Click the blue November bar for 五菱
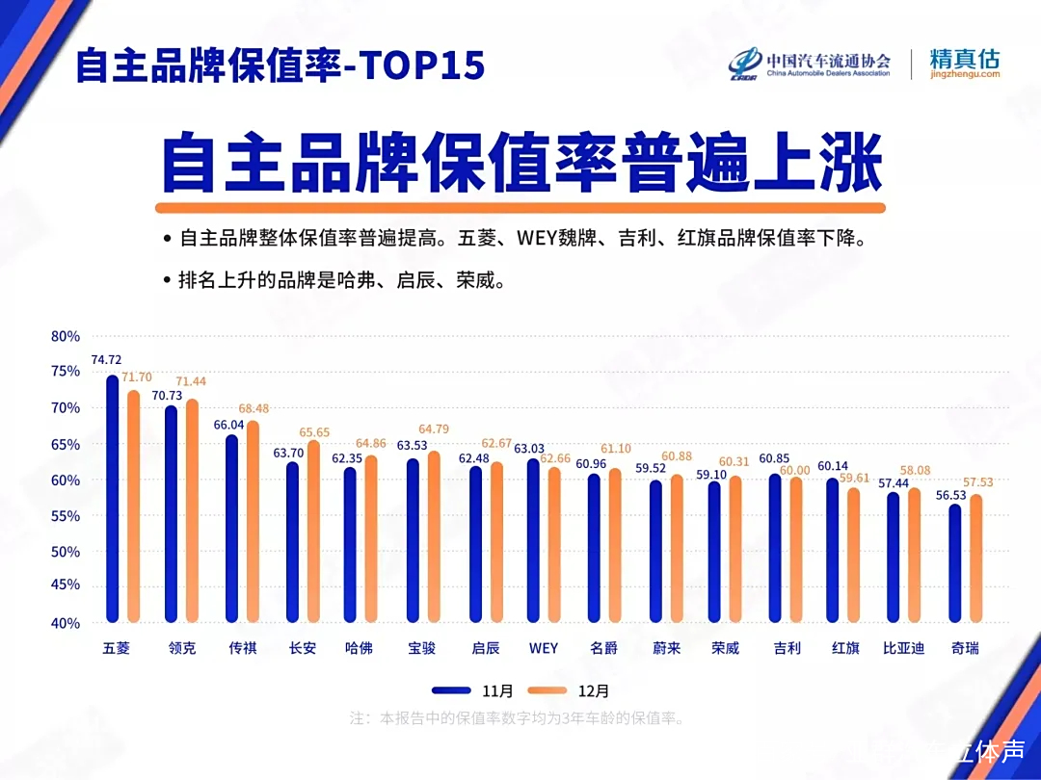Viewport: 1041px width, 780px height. click(112, 499)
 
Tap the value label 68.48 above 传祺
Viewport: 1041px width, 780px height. click(253, 409)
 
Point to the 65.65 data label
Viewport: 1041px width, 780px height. click(314, 433)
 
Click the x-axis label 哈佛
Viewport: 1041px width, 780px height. click(359, 648)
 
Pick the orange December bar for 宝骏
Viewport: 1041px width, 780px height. click(434, 536)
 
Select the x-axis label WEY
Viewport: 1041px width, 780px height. click(544, 648)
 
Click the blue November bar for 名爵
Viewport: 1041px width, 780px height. click(594, 548)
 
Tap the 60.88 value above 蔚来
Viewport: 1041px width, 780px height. click(678, 456)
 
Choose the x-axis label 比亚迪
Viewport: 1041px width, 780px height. click(903, 648)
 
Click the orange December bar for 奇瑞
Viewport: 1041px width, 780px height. click(975, 559)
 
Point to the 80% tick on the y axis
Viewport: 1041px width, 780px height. click(66, 337)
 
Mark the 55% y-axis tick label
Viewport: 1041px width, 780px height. click(66, 516)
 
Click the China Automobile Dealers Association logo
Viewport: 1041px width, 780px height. click(810, 64)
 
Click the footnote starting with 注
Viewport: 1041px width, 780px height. click(517, 718)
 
